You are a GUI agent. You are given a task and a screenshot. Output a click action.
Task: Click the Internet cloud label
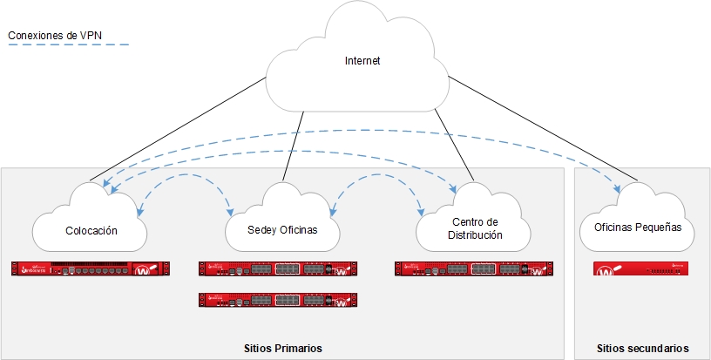point(362,61)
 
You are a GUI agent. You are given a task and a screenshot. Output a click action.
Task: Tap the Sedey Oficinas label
point(282,231)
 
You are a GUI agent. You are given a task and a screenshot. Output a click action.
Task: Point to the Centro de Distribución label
point(469,228)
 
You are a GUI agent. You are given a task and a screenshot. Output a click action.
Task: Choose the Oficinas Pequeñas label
point(637,228)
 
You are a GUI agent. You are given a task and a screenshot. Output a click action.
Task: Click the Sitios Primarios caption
point(283,348)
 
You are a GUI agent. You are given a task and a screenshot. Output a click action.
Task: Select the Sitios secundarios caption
point(643,348)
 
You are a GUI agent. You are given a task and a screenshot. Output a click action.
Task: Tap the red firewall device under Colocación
point(91,269)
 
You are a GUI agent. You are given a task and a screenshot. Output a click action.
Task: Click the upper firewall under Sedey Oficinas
point(278,269)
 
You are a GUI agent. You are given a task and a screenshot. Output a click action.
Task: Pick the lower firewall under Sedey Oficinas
point(278,301)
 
